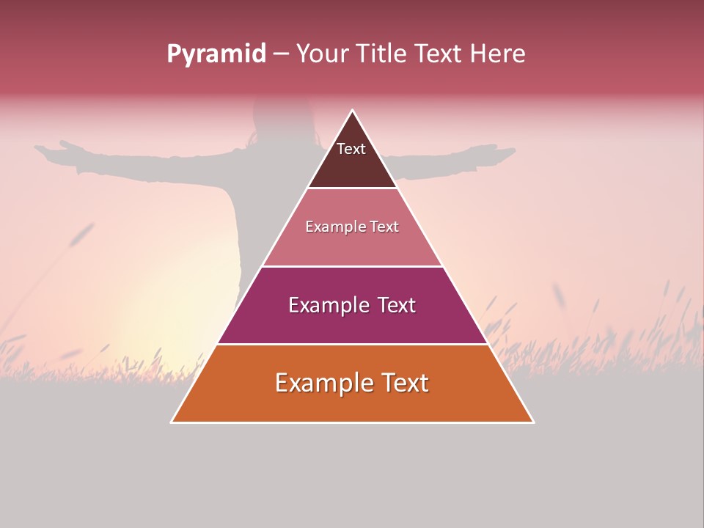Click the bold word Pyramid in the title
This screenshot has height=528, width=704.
(x=216, y=54)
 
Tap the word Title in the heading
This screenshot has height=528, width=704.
(x=386, y=54)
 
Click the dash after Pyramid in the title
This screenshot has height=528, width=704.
(x=281, y=54)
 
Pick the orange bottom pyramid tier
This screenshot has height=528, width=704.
(x=352, y=403)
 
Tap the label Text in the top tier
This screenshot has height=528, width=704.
(x=351, y=149)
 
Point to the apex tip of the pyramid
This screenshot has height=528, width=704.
(x=353, y=111)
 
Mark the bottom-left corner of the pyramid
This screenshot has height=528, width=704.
(x=172, y=422)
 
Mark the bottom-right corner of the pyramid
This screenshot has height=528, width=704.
(x=533, y=422)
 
